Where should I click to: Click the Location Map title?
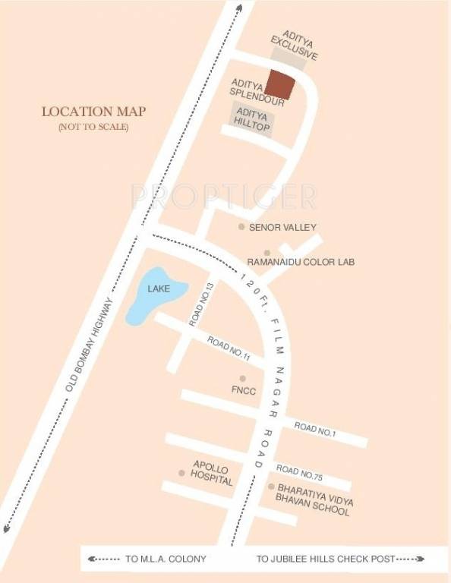[x=93, y=112]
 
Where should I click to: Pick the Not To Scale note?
[x=93, y=127]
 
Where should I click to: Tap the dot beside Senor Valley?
[x=241, y=227]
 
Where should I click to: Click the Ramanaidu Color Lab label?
[x=301, y=262]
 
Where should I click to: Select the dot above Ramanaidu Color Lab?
[x=266, y=253]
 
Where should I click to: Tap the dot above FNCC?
[x=243, y=378]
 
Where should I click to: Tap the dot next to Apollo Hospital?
[x=181, y=473]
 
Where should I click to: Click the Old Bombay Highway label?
[x=89, y=345]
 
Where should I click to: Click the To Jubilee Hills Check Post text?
[x=326, y=559]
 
